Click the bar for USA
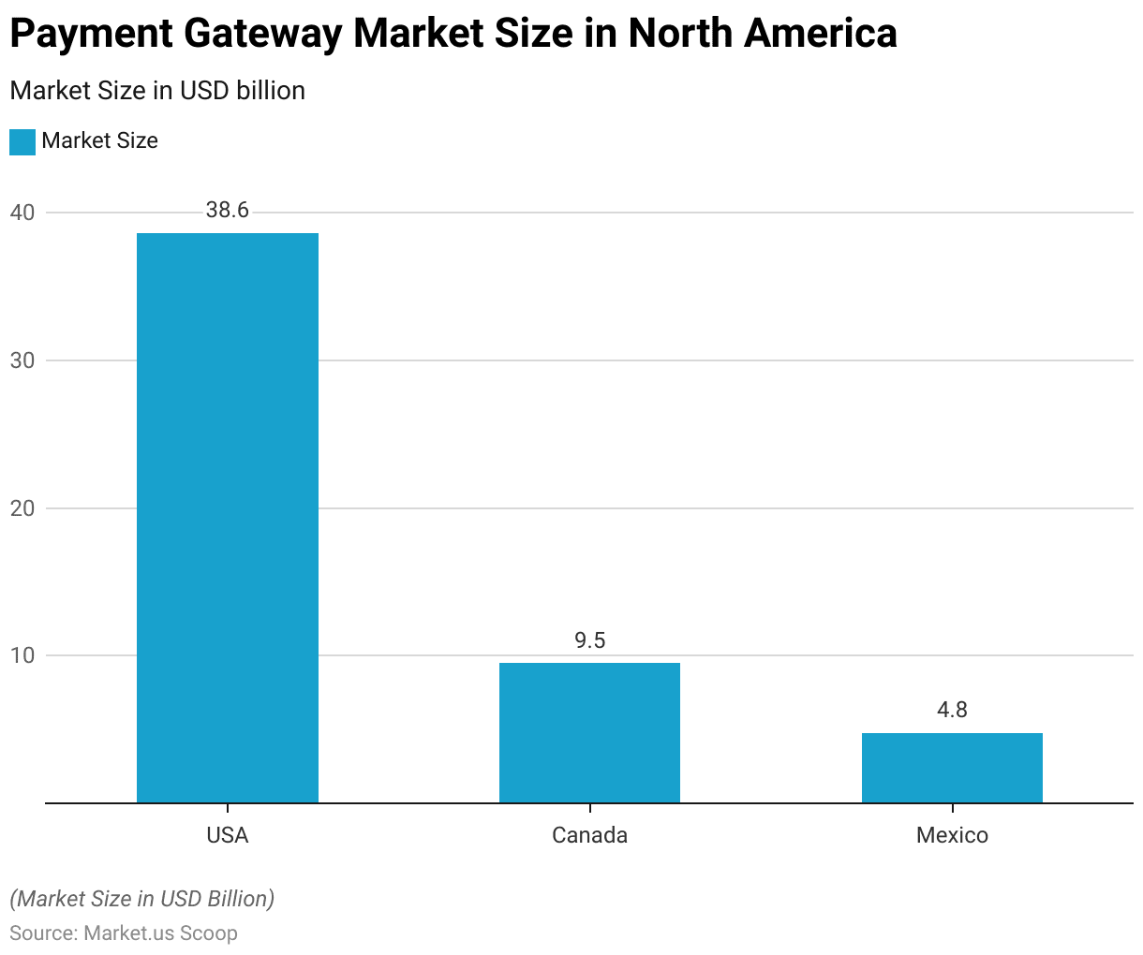[x=228, y=518]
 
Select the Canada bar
[x=589, y=733]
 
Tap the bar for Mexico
[x=952, y=768]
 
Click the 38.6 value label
[x=228, y=211]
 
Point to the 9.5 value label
[x=589, y=640]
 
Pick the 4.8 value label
[x=952, y=711]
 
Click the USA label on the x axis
[x=228, y=835]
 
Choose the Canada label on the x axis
[x=589, y=835]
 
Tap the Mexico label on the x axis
[x=952, y=835]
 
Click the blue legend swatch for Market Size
[x=22, y=141]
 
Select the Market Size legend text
[x=99, y=141]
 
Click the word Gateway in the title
[x=263, y=35]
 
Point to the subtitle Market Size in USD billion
[x=157, y=91]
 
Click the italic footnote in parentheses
[x=142, y=899]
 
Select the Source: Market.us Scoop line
[x=124, y=933]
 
